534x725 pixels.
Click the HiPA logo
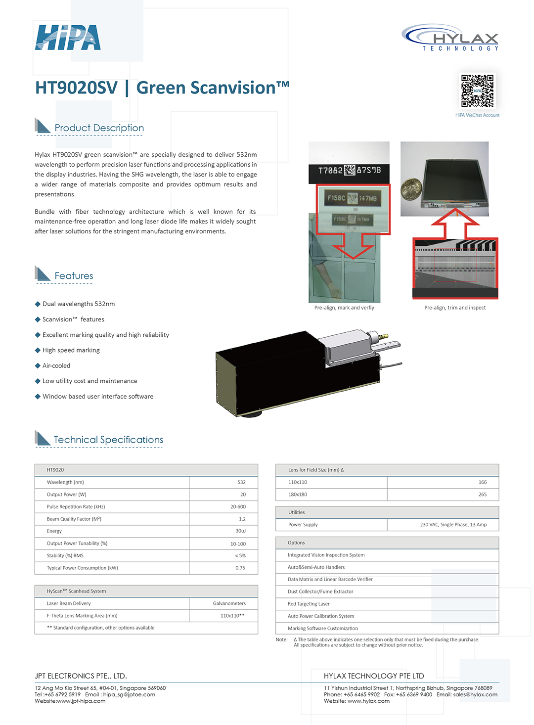coord(68,38)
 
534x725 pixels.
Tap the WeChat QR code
coord(477,91)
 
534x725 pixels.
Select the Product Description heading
coord(99,128)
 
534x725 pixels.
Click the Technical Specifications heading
coord(108,440)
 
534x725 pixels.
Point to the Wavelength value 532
coord(241,482)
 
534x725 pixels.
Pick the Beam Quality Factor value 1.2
coord(242,519)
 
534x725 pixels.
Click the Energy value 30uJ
coord(240,531)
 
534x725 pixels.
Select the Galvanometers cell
coord(229,603)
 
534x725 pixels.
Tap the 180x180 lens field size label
coord(298,495)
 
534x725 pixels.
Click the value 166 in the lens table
coord(483,482)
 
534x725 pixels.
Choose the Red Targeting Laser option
coord(309,604)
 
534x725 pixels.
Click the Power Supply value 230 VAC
coord(453,525)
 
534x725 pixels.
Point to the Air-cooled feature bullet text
coord(56,365)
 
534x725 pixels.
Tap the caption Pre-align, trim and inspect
coord(455,308)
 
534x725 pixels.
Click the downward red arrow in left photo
coord(353,247)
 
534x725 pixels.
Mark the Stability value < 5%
coord(240,556)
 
